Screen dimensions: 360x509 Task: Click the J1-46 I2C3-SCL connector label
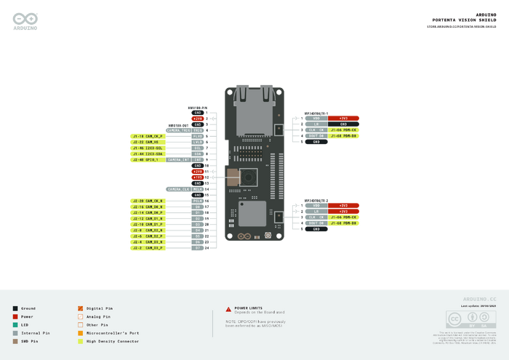(x=148, y=148)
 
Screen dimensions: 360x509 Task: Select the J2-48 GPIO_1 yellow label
(x=148, y=159)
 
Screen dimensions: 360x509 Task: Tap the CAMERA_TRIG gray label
(x=177, y=130)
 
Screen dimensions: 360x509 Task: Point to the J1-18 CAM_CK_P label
(x=148, y=136)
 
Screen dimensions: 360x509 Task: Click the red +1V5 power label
(x=197, y=177)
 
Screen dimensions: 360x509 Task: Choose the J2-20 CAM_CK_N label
(x=148, y=201)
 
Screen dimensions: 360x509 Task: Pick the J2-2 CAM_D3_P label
(x=148, y=248)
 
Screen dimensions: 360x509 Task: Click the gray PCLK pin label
(x=197, y=201)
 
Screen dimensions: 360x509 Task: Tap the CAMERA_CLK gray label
(x=177, y=189)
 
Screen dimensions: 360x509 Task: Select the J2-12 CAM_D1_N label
(x=148, y=218)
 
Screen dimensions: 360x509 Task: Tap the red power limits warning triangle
(x=228, y=308)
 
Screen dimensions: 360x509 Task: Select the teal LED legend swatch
(x=15, y=324)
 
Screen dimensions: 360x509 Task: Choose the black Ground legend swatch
(x=15, y=308)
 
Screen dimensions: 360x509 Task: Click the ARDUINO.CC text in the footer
(x=479, y=299)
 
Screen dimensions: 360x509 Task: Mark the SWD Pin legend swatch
(x=15, y=341)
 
